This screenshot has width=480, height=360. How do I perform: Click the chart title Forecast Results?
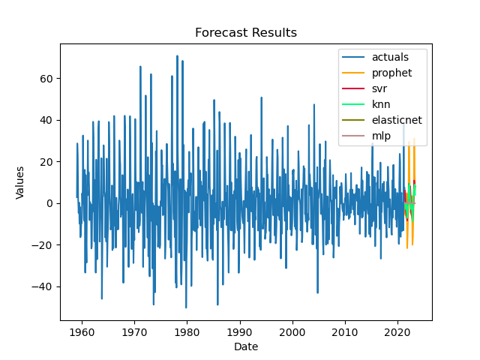pos(245,33)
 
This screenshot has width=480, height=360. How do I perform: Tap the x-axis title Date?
pos(245,346)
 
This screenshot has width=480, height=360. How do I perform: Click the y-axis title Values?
pos(21,182)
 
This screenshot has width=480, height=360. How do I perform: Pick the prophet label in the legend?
pos(390,73)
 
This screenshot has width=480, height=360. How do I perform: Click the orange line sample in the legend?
pos(356,73)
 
